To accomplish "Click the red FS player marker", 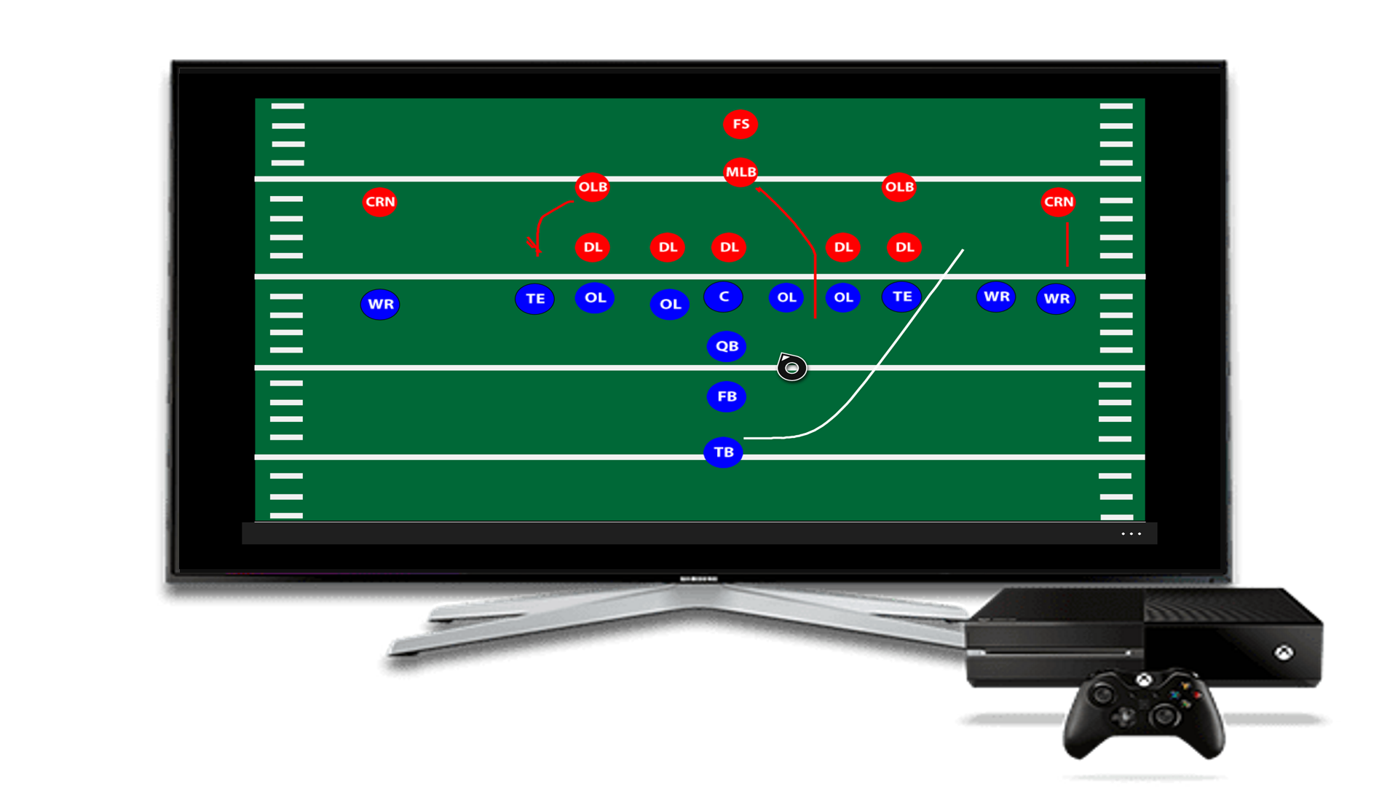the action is [741, 124].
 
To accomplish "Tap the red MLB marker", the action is [741, 172].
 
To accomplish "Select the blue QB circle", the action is [727, 346].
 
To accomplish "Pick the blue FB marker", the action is [727, 396].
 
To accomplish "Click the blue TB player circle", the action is [723, 453].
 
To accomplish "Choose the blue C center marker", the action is [723, 297].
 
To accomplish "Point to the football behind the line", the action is [791, 367].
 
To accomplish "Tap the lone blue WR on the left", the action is [380, 304].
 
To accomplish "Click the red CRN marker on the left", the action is [379, 202].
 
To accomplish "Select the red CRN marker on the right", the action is [1058, 202].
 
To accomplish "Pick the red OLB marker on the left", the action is [593, 187].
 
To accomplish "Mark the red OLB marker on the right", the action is [899, 187].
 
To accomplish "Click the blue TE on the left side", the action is [535, 299].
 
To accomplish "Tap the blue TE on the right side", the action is [902, 297].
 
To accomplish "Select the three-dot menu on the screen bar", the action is [1131, 534].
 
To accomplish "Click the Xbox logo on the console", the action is [1284, 652].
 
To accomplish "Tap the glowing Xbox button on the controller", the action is [1145, 681].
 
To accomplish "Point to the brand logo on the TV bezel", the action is [699, 579].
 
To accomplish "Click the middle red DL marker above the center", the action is [729, 247].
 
